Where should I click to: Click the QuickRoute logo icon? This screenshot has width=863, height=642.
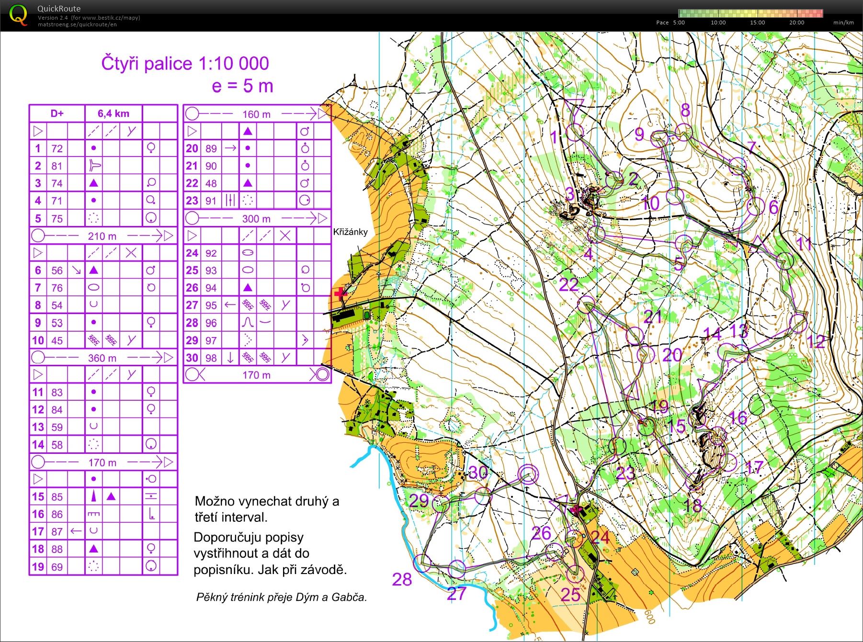[18, 15]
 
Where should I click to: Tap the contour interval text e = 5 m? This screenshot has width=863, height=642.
[242, 86]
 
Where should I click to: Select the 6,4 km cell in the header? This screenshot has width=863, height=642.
[114, 113]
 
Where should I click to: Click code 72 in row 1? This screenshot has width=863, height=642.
[57, 148]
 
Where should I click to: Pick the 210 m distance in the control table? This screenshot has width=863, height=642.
[102, 236]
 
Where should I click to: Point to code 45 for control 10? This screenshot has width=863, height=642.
[57, 340]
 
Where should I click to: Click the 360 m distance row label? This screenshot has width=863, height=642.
[102, 358]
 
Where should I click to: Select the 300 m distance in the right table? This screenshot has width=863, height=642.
[256, 219]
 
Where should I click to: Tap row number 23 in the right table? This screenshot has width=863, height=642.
[192, 201]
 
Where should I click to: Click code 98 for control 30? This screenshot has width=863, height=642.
[211, 358]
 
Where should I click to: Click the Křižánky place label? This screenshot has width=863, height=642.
[351, 232]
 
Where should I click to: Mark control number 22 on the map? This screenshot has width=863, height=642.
[569, 285]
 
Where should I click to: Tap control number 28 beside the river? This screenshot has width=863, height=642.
[402, 580]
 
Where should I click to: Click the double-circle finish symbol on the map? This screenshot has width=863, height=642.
[528, 474]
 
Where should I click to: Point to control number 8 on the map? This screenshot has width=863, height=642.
[685, 111]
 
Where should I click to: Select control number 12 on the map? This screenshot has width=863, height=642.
[816, 341]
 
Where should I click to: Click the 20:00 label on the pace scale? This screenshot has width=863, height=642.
[796, 23]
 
